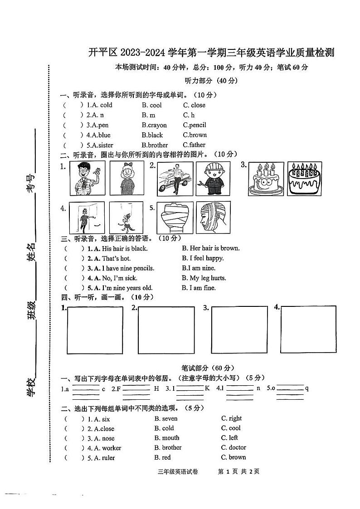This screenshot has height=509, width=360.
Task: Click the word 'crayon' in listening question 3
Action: pyautogui.click(x=156, y=125)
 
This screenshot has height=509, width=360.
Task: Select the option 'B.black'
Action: pyautogui.click(x=152, y=135)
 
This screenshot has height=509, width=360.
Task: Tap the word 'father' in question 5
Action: pyautogui.click(x=197, y=145)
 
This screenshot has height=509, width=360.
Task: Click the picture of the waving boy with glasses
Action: pyautogui.click(x=87, y=179)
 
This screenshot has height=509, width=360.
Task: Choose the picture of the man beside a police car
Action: pyautogui.click(x=175, y=179)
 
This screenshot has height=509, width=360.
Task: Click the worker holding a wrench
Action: pyautogui.click(x=213, y=179)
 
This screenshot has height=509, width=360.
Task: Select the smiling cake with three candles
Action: pyautogui.click(x=266, y=179)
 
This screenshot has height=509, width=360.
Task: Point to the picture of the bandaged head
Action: pyautogui.click(x=213, y=217)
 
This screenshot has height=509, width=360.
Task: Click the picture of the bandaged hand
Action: pyautogui.click(x=175, y=217)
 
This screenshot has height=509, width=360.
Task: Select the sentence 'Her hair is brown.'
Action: pyautogui.click(x=211, y=248)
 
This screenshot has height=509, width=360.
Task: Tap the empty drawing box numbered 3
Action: pyautogui.click(x=239, y=330)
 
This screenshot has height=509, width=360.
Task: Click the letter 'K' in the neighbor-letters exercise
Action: pyautogui.click(x=207, y=388)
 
